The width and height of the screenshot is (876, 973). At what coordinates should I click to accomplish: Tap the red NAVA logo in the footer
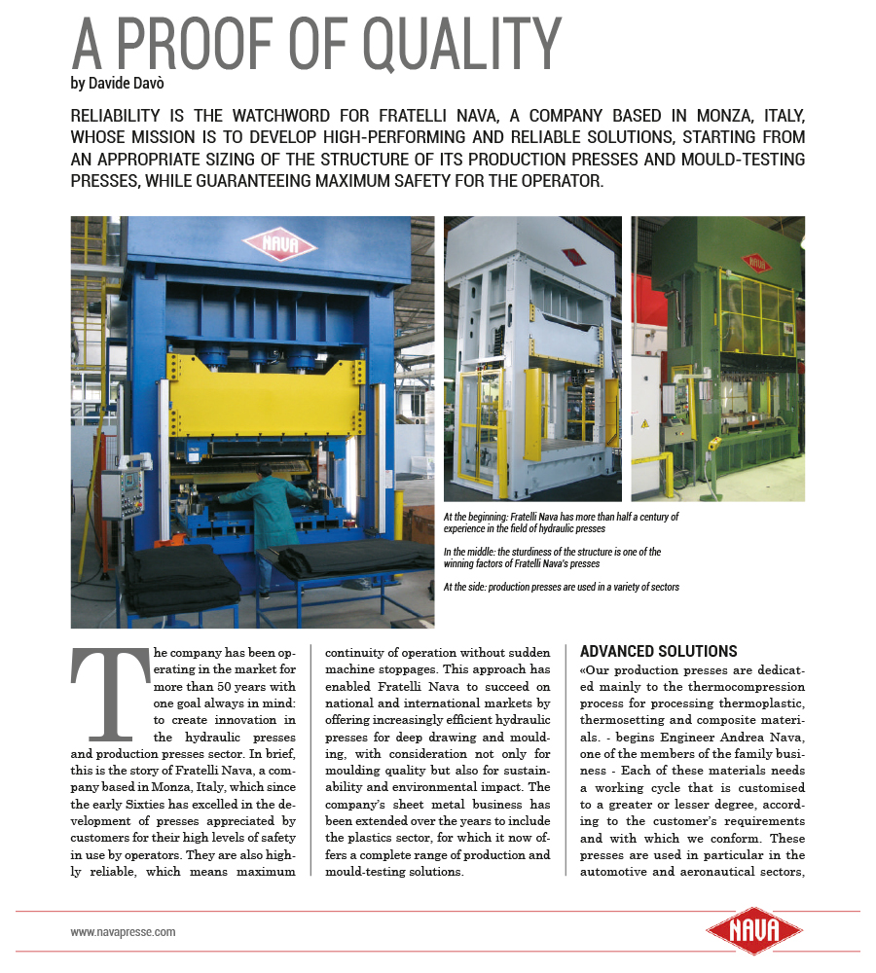tap(745, 931)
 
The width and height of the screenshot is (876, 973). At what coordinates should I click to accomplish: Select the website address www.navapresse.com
tap(123, 931)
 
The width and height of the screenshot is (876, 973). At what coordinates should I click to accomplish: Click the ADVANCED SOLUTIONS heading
tap(658, 651)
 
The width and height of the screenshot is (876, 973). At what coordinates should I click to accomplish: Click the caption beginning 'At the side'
tap(561, 587)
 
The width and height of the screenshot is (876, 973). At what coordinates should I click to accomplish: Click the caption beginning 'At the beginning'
tap(561, 523)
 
